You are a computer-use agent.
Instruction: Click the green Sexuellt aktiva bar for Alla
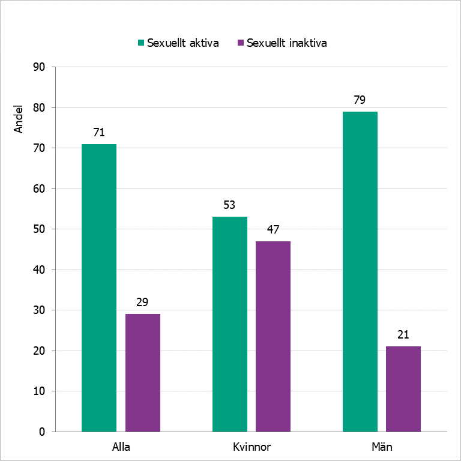point(99,288)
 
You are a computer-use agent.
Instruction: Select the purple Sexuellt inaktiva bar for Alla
point(143,372)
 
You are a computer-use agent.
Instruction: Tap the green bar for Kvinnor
point(230,324)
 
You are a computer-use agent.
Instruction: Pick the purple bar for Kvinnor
point(273,336)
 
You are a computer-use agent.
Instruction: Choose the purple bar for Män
point(403,388)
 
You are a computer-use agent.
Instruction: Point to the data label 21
point(403,335)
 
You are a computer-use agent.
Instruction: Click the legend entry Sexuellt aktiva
point(178,43)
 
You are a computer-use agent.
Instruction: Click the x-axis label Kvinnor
point(252,447)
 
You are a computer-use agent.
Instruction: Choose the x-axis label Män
point(382,447)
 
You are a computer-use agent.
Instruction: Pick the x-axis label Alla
point(121,447)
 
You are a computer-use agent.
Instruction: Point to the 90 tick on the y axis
point(40,67)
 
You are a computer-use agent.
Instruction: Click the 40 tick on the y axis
point(40,270)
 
